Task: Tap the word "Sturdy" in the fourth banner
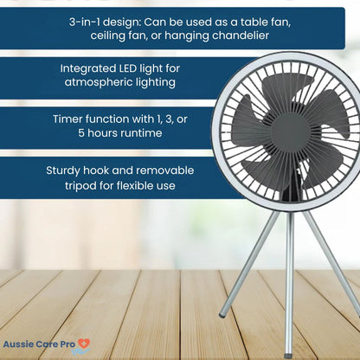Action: coord(65,170)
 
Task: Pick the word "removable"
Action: coord(162,170)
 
